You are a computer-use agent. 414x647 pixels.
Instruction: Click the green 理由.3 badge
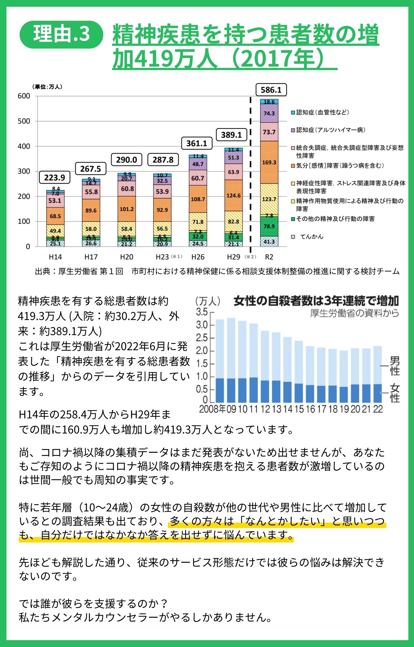tap(61, 35)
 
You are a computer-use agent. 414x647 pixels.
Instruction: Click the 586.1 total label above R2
tap(271, 90)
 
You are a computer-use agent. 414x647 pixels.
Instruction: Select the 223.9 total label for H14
tap(54, 178)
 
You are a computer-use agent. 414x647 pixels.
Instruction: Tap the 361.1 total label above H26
tap(196, 143)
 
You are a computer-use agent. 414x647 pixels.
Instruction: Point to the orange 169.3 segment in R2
tap(269, 162)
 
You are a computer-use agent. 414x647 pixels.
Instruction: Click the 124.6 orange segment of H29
tap(233, 195)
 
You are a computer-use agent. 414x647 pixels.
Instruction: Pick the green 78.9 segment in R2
tap(269, 226)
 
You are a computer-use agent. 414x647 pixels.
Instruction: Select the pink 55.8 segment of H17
tap(91, 192)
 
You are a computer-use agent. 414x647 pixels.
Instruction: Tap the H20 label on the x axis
tap(126, 257)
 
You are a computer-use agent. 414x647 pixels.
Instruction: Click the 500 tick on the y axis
tap(24, 121)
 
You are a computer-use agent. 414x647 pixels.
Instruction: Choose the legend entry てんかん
tap(311, 237)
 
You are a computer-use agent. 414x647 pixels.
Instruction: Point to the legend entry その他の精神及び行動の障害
tap(335, 219)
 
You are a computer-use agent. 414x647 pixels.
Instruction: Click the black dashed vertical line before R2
tap(251, 173)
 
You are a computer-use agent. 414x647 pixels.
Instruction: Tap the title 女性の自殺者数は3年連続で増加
tap(316, 301)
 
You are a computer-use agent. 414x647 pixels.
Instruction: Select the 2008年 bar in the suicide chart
tap(220, 361)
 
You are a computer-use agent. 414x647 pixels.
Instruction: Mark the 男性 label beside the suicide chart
tap(395, 366)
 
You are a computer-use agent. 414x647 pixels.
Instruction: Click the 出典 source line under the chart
tap(217, 271)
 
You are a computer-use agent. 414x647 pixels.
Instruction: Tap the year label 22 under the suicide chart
tap(378, 409)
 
